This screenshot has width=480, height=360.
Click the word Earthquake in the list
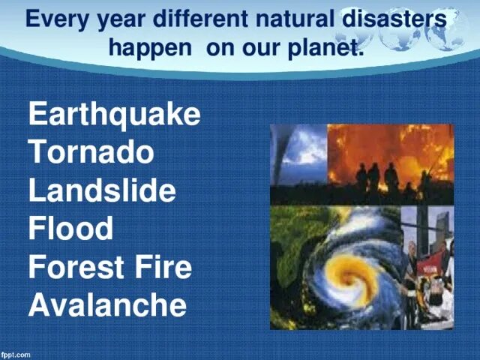point(115,114)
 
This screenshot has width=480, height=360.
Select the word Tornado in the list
point(91,151)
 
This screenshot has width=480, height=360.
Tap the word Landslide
point(102,190)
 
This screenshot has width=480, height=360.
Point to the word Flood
point(70,228)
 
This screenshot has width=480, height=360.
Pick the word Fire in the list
point(163,266)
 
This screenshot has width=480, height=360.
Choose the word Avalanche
point(107,304)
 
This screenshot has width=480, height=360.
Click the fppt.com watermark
point(16,355)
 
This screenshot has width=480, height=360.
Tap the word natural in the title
point(295,18)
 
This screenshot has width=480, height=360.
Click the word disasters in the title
point(394,18)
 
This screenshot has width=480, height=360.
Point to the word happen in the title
point(150,49)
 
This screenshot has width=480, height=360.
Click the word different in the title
point(200,18)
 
